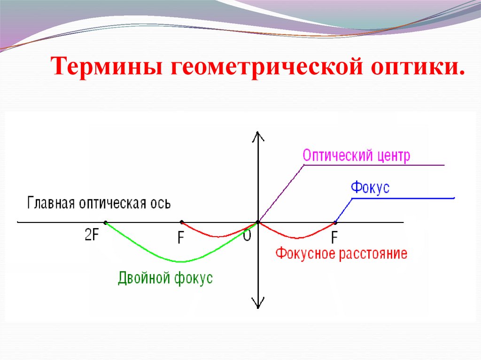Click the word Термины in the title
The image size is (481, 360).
click(x=109, y=67)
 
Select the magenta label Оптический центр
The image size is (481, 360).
click(x=356, y=156)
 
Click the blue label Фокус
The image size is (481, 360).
click(x=370, y=188)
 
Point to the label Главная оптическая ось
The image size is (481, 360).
click(x=99, y=203)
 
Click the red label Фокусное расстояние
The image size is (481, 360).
click(x=341, y=254)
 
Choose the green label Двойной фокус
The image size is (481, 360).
click(x=165, y=278)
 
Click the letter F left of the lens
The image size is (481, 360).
click(x=180, y=238)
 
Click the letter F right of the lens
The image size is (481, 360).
click(x=334, y=238)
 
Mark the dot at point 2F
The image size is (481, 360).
click(x=105, y=222)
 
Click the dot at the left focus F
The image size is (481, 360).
click(x=181, y=222)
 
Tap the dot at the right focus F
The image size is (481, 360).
click(x=335, y=222)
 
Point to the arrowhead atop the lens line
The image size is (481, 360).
click(x=258, y=136)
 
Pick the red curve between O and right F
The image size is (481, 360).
click(x=296, y=237)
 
